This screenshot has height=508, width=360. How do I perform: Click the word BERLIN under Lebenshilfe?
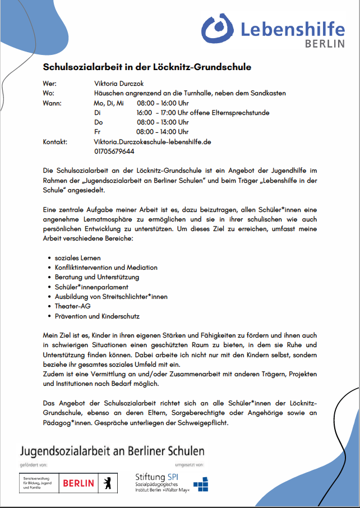(x=325, y=43)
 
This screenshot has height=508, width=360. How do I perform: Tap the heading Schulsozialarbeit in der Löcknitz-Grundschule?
(x=147, y=67)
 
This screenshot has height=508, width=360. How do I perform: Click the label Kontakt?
(x=55, y=142)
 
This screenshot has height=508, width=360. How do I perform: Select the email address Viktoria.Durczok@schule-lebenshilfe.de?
(x=152, y=142)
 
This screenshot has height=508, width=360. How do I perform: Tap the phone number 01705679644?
(x=114, y=151)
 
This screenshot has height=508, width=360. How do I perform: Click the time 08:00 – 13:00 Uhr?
(x=163, y=122)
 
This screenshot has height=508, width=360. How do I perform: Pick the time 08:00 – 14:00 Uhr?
(x=163, y=132)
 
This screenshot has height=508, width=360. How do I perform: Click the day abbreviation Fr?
(x=98, y=132)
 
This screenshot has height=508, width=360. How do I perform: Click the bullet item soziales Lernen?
(x=78, y=258)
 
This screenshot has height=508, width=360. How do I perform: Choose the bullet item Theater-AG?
(x=72, y=306)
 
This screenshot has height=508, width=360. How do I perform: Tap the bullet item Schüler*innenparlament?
(x=91, y=287)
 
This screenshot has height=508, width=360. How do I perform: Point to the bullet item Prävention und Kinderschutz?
(x=97, y=316)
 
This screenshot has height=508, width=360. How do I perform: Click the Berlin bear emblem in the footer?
(x=105, y=482)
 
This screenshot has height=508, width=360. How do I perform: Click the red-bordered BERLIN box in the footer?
(x=79, y=482)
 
